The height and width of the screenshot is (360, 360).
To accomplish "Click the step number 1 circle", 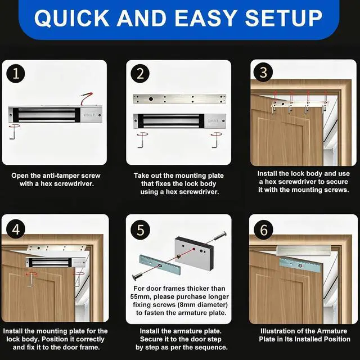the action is click(16, 74).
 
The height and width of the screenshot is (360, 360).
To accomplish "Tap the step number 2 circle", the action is click(140, 74).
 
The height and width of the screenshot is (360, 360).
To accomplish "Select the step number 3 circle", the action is click(263, 72).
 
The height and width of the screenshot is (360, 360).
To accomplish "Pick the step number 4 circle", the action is click(16, 229).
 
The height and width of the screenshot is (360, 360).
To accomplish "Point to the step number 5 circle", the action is click(140, 230).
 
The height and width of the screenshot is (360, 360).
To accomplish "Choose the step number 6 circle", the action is click(264, 229).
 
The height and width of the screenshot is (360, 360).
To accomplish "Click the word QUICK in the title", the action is click(71, 18).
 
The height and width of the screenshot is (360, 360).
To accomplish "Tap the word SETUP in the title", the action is click(283, 18).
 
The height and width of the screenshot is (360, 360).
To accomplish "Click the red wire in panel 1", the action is click(86, 97).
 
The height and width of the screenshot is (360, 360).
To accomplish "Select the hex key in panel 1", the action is click(12, 133).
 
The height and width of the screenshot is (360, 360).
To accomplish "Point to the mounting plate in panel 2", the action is click(179, 99).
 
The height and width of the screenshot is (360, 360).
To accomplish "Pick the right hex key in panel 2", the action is click(215, 140).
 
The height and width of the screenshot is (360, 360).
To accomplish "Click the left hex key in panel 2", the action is click(142, 140).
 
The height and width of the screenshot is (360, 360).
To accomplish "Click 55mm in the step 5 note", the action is click(140, 296).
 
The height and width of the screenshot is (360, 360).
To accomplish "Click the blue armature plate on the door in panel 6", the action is click(301, 265).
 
